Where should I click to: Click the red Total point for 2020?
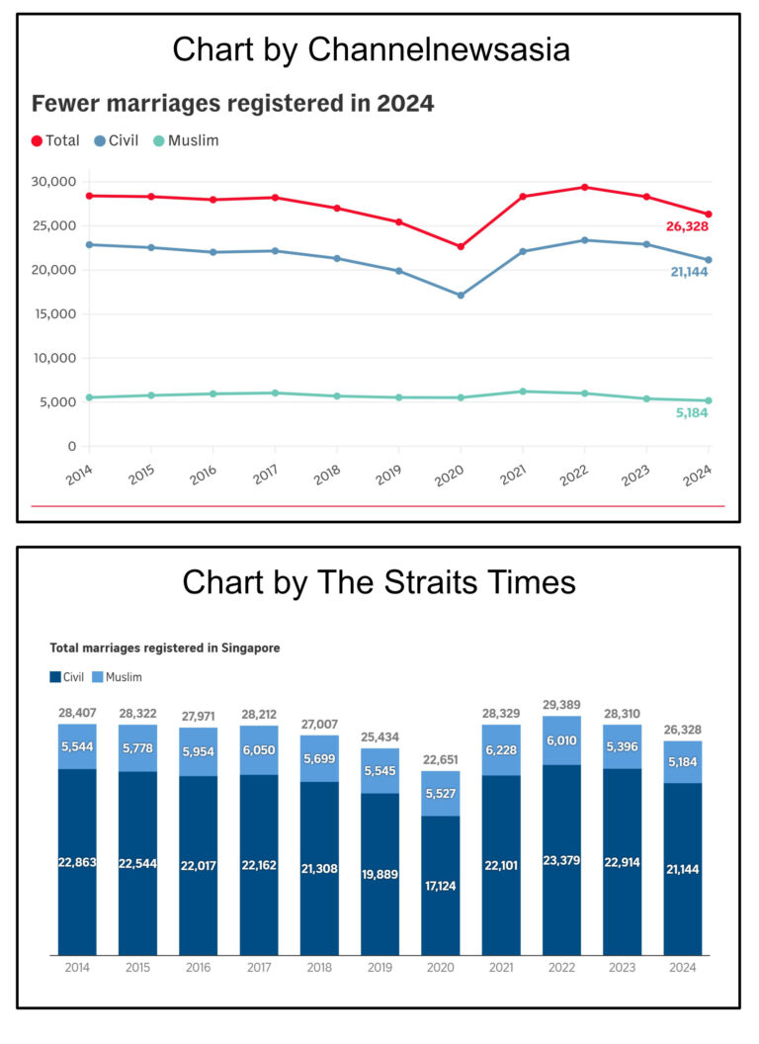click(461, 246)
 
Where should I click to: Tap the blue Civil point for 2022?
click(584, 240)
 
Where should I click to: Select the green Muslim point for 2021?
click(523, 391)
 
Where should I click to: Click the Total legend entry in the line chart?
click(55, 140)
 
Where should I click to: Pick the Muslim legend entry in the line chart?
click(185, 140)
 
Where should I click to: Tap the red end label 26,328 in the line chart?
click(686, 226)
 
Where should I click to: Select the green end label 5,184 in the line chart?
click(692, 412)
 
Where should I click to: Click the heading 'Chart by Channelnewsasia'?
click(371, 49)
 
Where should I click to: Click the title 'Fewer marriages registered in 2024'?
click(233, 103)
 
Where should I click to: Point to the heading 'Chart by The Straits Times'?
click(379, 582)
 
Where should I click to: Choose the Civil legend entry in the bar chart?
click(67, 677)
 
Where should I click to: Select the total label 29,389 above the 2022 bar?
click(562, 705)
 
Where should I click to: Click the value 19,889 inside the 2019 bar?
click(379, 874)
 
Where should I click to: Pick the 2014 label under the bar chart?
click(76, 969)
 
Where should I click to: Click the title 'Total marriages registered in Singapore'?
click(165, 649)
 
